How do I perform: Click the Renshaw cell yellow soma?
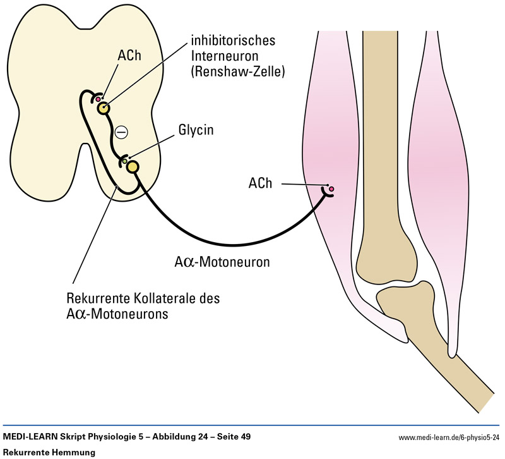click(103, 108)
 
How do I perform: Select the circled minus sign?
click(121, 132)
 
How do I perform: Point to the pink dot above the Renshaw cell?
click(98, 99)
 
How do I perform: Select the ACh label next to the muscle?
click(261, 183)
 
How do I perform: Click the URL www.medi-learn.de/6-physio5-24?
click(449, 438)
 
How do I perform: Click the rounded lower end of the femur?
click(386, 259)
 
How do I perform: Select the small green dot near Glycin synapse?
click(125, 162)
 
